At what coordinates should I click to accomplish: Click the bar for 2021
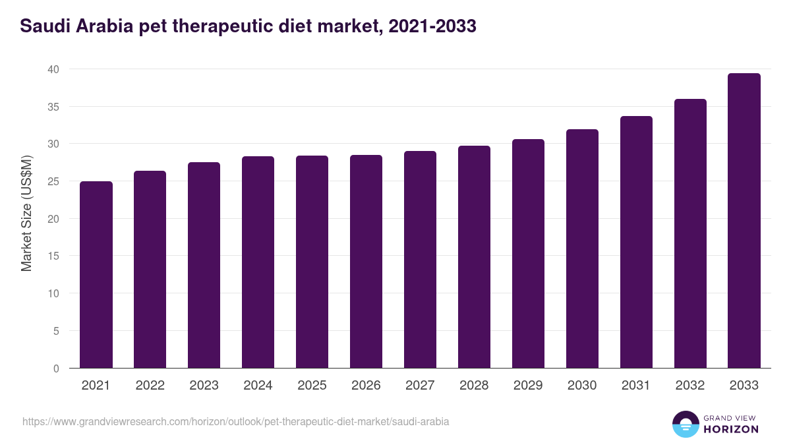click(x=96, y=275)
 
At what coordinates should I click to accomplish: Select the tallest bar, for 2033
click(x=744, y=221)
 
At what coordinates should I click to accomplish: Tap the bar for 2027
click(x=420, y=260)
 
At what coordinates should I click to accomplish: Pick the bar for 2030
click(x=582, y=249)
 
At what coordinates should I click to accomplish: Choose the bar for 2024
click(x=258, y=262)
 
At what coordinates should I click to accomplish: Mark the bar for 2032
click(x=690, y=233)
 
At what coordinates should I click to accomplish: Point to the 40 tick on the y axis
click(x=53, y=69)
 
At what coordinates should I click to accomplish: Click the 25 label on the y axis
click(x=53, y=181)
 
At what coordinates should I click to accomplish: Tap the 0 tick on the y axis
click(x=56, y=369)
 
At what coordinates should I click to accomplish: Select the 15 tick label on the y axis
click(x=53, y=256)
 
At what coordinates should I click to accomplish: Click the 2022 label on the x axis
click(x=150, y=386)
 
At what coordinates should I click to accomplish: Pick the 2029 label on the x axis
click(x=528, y=386)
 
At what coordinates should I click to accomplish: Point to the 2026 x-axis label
click(x=366, y=386)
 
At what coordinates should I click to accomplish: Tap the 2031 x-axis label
click(x=636, y=386)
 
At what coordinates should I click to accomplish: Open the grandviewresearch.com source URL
click(x=235, y=421)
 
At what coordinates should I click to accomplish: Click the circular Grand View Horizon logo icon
click(x=686, y=424)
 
